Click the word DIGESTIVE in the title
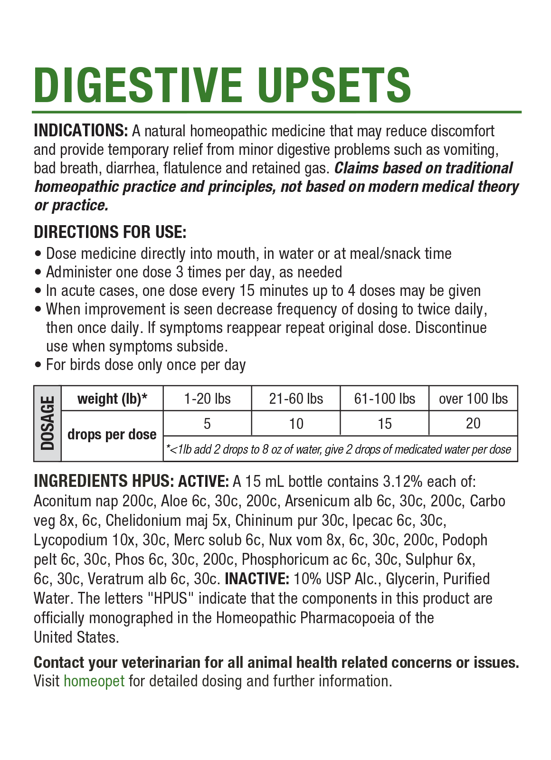tap(138, 85)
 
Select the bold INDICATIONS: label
tap(81, 131)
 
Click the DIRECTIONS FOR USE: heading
tap(110, 232)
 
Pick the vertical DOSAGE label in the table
tap(47, 423)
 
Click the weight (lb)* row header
tap(112, 399)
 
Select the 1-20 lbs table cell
tap(207, 399)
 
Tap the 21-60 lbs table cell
tap(296, 399)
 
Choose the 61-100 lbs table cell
tap(384, 399)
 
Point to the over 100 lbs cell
tap(473, 399)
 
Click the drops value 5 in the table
tap(207, 423)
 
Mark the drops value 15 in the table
tap(384, 423)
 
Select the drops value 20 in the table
tap(473, 423)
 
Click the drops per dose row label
tap(112, 435)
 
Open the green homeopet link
tap(94, 681)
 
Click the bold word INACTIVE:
tap(256, 579)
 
